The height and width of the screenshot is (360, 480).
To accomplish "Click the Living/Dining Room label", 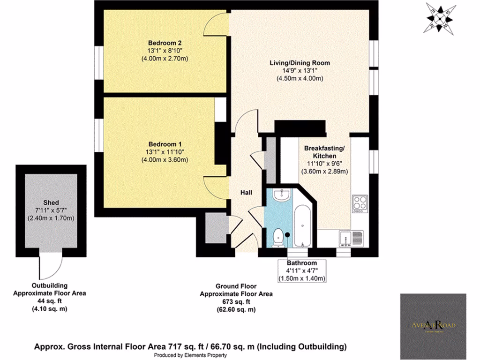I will [x=300, y=62].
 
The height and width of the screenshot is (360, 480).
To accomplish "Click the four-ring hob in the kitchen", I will [x=360, y=203].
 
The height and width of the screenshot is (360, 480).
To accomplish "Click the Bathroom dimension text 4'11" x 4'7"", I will [x=302, y=270].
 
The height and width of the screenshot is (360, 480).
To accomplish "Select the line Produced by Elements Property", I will [x=190, y=355].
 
